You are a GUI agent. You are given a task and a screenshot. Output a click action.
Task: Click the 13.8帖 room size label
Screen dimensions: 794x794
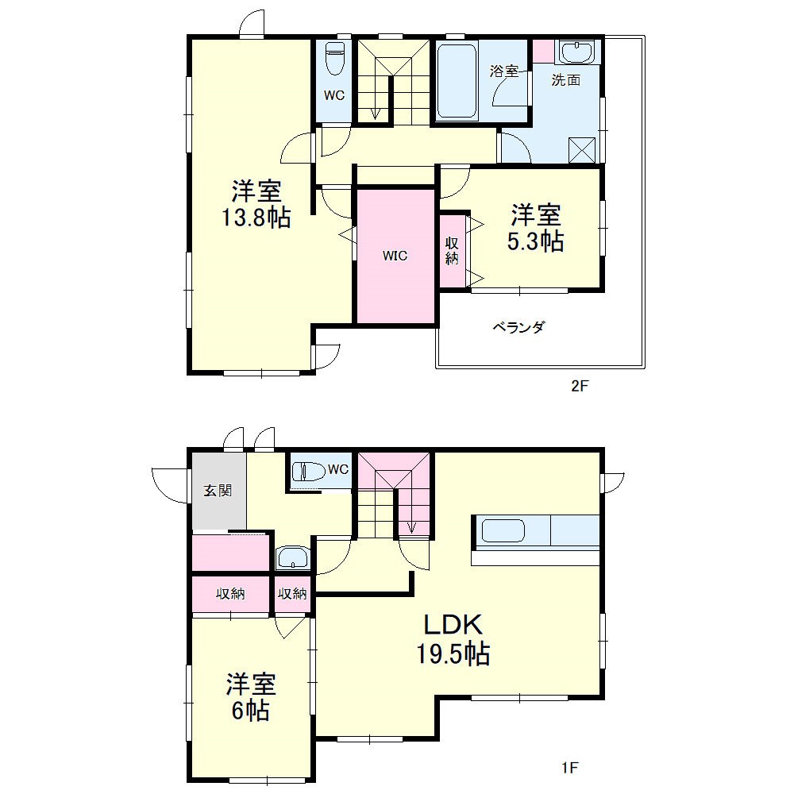(256, 218)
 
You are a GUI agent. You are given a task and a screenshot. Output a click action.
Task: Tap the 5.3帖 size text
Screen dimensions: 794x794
(535, 241)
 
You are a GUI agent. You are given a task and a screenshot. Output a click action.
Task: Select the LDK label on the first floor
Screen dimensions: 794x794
(453, 625)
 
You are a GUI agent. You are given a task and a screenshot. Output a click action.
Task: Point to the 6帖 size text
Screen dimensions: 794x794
(251, 711)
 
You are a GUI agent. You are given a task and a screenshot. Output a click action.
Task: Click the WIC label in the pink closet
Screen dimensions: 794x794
(395, 256)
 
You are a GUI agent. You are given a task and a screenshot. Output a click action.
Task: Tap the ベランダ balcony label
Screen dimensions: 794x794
(518, 327)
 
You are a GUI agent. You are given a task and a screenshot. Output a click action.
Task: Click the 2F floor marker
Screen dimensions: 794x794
(580, 386)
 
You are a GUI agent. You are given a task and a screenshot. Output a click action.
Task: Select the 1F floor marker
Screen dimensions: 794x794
(569, 768)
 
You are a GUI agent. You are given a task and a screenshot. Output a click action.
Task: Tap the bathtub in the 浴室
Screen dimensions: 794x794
(457, 82)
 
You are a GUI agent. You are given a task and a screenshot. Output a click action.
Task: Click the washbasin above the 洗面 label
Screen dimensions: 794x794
(576, 52)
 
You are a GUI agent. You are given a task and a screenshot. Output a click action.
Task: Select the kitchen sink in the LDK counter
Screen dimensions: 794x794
(503, 532)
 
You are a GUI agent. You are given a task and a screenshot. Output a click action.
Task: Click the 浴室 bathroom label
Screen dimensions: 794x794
(504, 71)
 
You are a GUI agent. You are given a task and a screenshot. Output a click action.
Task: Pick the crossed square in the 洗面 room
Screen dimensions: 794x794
(584, 149)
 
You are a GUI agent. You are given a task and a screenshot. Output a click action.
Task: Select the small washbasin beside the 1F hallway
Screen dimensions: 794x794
(293, 558)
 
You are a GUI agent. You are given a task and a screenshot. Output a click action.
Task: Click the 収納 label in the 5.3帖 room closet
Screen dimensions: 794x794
(453, 251)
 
